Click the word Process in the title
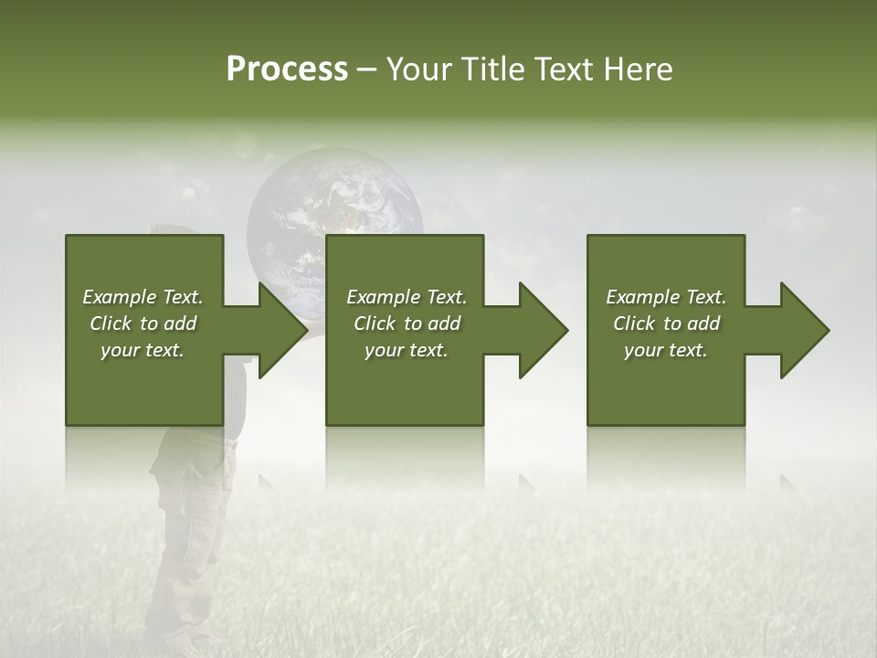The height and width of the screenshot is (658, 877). click(287, 69)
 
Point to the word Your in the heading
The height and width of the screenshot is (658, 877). click(418, 69)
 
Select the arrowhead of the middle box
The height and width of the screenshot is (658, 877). click(542, 330)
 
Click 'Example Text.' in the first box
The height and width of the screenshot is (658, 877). click(143, 297)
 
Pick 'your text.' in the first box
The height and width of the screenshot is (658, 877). click(143, 350)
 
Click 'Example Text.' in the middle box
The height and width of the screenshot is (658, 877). click(407, 297)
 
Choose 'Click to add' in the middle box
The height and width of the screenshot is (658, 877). click(407, 324)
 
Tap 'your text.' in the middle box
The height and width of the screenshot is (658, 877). click(407, 350)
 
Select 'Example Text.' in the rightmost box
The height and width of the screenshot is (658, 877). click(666, 297)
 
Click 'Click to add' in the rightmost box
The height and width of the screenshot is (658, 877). click(666, 324)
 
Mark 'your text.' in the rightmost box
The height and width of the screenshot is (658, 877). click(666, 350)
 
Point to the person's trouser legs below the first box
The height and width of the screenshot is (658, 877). click(187, 548)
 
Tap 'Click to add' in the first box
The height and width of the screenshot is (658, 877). click(143, 324)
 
